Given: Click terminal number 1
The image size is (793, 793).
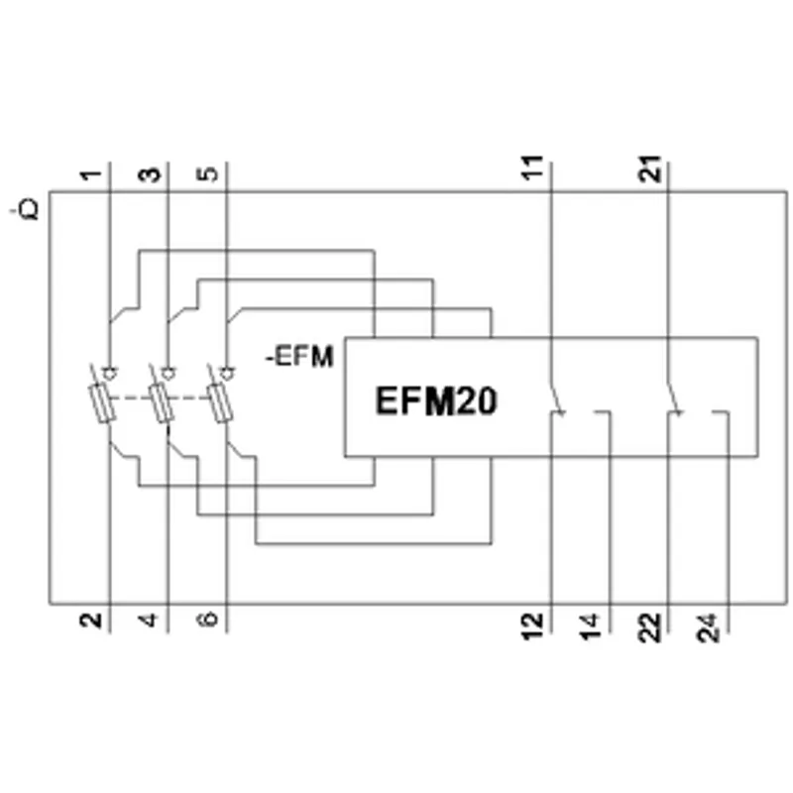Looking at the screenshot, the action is [x=91, y=175].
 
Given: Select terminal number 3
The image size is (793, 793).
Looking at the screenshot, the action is [x=150, y=175].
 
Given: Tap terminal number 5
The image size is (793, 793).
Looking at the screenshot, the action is [x=207, y=174].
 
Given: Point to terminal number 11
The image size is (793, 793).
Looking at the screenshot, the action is [x=532, y=167].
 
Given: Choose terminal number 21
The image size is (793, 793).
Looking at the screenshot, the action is [x=649, y=169].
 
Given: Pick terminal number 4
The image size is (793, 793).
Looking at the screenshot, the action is [x=149, y=621].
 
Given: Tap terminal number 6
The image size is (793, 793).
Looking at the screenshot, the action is [x=207, y=619].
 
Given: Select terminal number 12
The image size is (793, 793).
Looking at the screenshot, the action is [x=532, y=626].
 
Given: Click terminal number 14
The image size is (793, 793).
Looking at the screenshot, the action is [x=590, y=627].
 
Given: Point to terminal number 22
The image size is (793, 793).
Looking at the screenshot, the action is [x=649, y=627].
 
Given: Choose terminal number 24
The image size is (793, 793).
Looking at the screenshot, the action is [x=708, y=628].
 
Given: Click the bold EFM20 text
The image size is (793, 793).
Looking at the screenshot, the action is [x=436, y=401].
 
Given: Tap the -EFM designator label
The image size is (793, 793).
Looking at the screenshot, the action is [x=300, y=357].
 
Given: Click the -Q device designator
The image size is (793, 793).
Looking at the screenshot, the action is [x=26, y=209].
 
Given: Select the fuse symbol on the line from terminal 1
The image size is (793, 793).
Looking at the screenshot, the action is [x=102, y=403].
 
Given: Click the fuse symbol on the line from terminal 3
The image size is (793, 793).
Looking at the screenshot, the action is [x=161, y=403].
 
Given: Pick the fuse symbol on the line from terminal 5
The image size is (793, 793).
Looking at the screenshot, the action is [x=219, y=403].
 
